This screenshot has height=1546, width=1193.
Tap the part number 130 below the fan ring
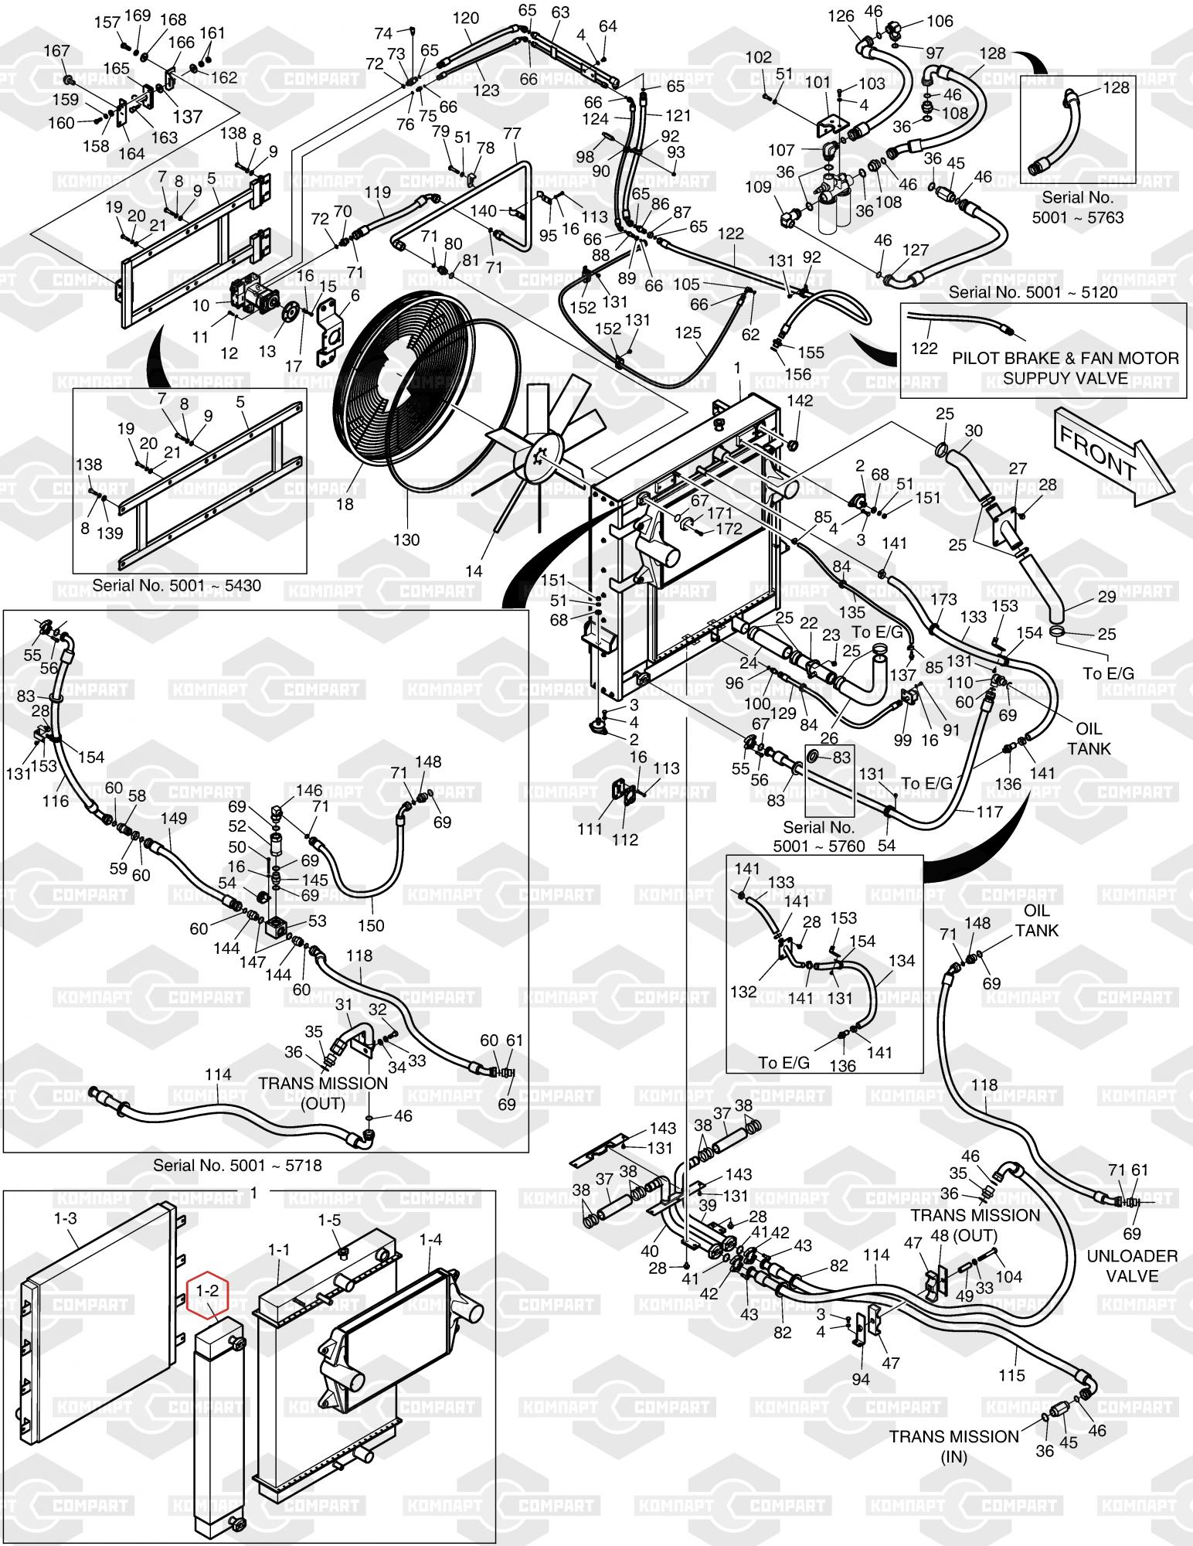click(x=406, y=539)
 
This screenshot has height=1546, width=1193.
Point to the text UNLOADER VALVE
click(x=1131, y=1265)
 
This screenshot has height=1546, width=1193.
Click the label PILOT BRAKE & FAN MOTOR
click(x=1065, y=359)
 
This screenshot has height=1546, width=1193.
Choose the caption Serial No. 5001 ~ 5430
click(x=176, y=585)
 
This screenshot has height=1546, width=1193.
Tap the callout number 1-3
click(x=66, y=1218)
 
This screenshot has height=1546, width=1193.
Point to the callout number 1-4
click(x=430, y=1239)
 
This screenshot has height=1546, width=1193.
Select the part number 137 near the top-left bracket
click(x=187, y=116)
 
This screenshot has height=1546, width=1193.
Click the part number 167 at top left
click(x=56, y=51)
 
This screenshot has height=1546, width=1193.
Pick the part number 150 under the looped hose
click(x=372, y=925)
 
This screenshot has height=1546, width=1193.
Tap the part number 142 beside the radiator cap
click(x=800, y=400)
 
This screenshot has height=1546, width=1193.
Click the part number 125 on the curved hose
click(x=688, y=333)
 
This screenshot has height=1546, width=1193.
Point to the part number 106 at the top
click(x=940, y=21)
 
